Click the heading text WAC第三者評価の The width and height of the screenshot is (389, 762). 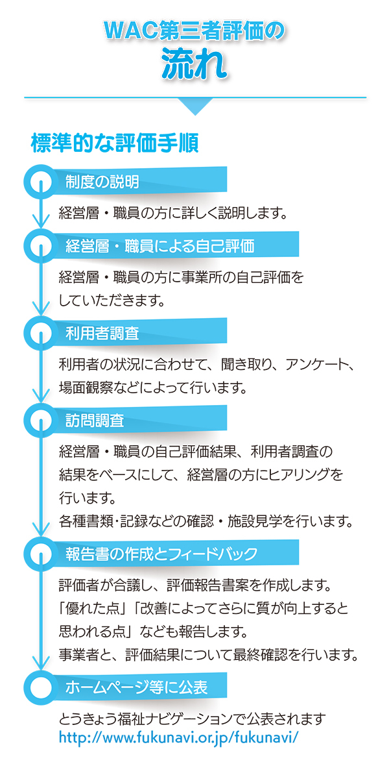[194, 31]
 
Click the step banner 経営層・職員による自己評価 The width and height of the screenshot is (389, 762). [159, 246]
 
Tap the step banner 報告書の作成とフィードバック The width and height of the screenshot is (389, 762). [161, 554]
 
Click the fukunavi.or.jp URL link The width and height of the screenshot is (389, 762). [178, 738]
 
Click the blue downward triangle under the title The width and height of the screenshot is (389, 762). [194, 106]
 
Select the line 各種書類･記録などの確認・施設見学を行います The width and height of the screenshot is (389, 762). [205, 521]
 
